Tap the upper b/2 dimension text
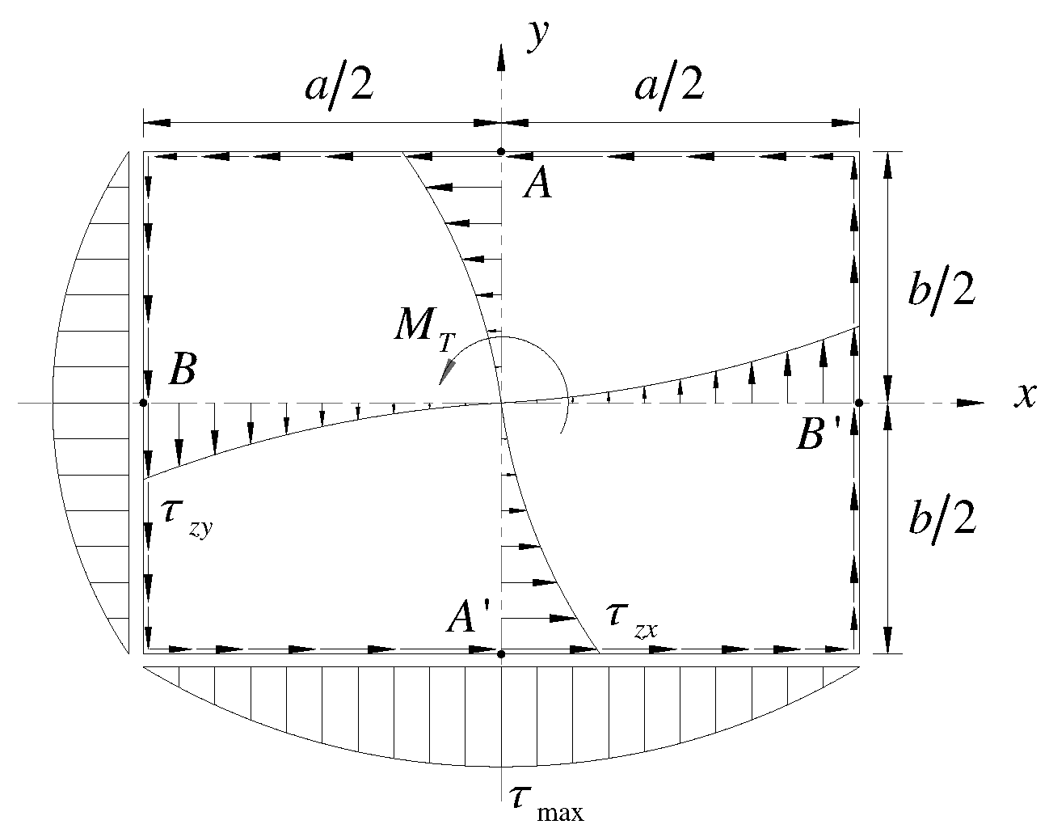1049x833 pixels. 942,291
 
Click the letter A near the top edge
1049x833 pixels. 537,186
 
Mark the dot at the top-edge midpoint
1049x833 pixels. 502,151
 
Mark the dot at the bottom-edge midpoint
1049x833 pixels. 502,653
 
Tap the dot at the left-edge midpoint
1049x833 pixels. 143,403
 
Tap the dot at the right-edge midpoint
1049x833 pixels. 859,403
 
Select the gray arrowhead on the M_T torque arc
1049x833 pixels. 445,373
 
